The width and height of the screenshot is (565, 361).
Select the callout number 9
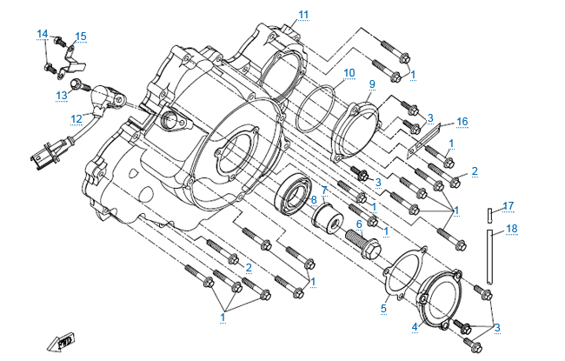(x=371, y=84)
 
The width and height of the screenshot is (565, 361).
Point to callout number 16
(x=462, y=121)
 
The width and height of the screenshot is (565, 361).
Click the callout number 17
(x=509, y=206)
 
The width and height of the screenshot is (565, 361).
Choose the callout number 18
(x=511, y=229)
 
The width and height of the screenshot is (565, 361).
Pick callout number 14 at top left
(x=42, y=34)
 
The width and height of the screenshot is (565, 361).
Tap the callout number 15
(x=81, y=37)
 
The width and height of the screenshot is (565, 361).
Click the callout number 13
(x=62, y=95)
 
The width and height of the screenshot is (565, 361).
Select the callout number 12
(x=76, y=118)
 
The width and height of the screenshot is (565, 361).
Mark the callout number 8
(x=314, y=201)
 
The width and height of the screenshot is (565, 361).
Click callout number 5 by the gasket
(x=383, y=308)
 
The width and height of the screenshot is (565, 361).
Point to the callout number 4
(x=415, y=327)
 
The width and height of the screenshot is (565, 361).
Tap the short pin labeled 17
(x=490, y=213)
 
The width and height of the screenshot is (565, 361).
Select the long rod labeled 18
(x=492, y=257)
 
